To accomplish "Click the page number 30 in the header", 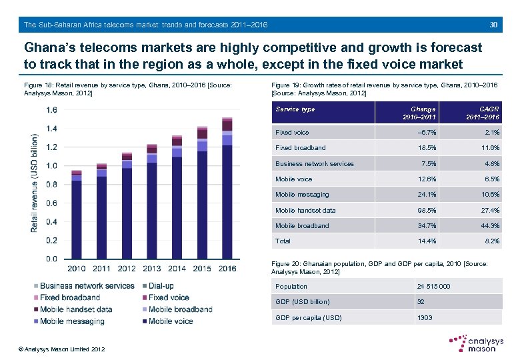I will coord(494,25).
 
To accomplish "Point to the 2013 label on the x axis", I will coord(151,269).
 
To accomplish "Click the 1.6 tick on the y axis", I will coord(51,110).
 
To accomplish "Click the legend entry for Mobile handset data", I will coord(76,309).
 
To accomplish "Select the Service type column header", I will coord(295,109).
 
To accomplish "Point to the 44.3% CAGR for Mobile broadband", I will coord(489,226).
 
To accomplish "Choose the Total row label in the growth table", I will coord(283,241).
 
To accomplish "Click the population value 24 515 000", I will coord(433,287).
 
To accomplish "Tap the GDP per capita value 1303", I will coord(425,317).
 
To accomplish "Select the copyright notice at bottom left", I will coord(61,349).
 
